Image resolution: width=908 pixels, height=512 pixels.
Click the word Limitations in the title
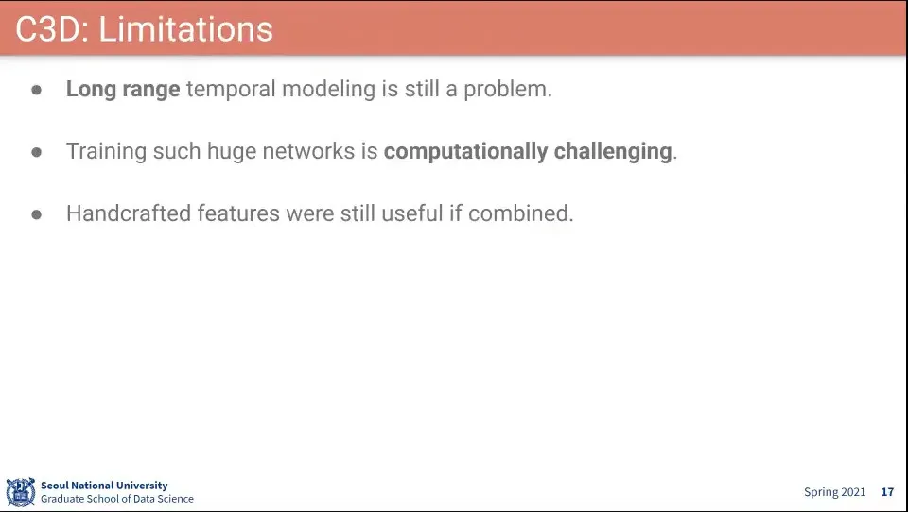tap(185, 29)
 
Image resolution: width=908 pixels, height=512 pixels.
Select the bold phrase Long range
tap(123, 89)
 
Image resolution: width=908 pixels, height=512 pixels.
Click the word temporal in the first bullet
tap(231, 89)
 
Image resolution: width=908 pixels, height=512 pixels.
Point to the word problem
tap(507, 89)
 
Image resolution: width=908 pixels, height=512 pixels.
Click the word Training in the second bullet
tap(106, 151)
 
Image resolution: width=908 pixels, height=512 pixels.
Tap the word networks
tap(308, 151)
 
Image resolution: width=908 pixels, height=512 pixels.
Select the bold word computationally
tap(465, 151)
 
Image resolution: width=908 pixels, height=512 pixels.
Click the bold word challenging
tap(613, 151)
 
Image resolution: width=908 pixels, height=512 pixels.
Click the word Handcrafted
tap(129, 213)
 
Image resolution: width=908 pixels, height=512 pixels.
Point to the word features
tap(238, 213)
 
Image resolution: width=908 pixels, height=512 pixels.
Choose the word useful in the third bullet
tap(411, 213)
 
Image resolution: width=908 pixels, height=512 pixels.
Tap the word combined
tap(520, 213)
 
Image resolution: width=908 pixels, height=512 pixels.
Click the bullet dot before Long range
tap(37, 90)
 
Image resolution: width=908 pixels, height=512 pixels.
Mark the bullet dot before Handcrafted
tap(37, 214)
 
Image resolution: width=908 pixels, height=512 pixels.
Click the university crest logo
tap(21, 492)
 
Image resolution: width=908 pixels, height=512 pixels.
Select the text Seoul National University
tap(104, 486)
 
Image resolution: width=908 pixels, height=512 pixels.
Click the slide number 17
tap(888, 492)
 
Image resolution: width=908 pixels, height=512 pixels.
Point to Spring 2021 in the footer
tap(834, 492)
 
